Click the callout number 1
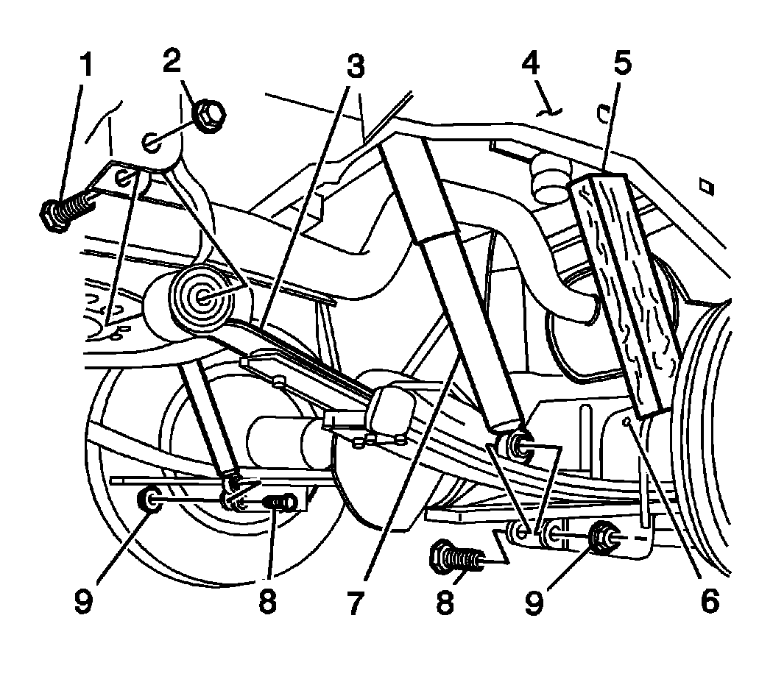pos(87,65)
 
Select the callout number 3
pos(354,67)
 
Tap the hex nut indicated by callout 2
pos(210,113)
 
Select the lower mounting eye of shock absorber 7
pos(515,444)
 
